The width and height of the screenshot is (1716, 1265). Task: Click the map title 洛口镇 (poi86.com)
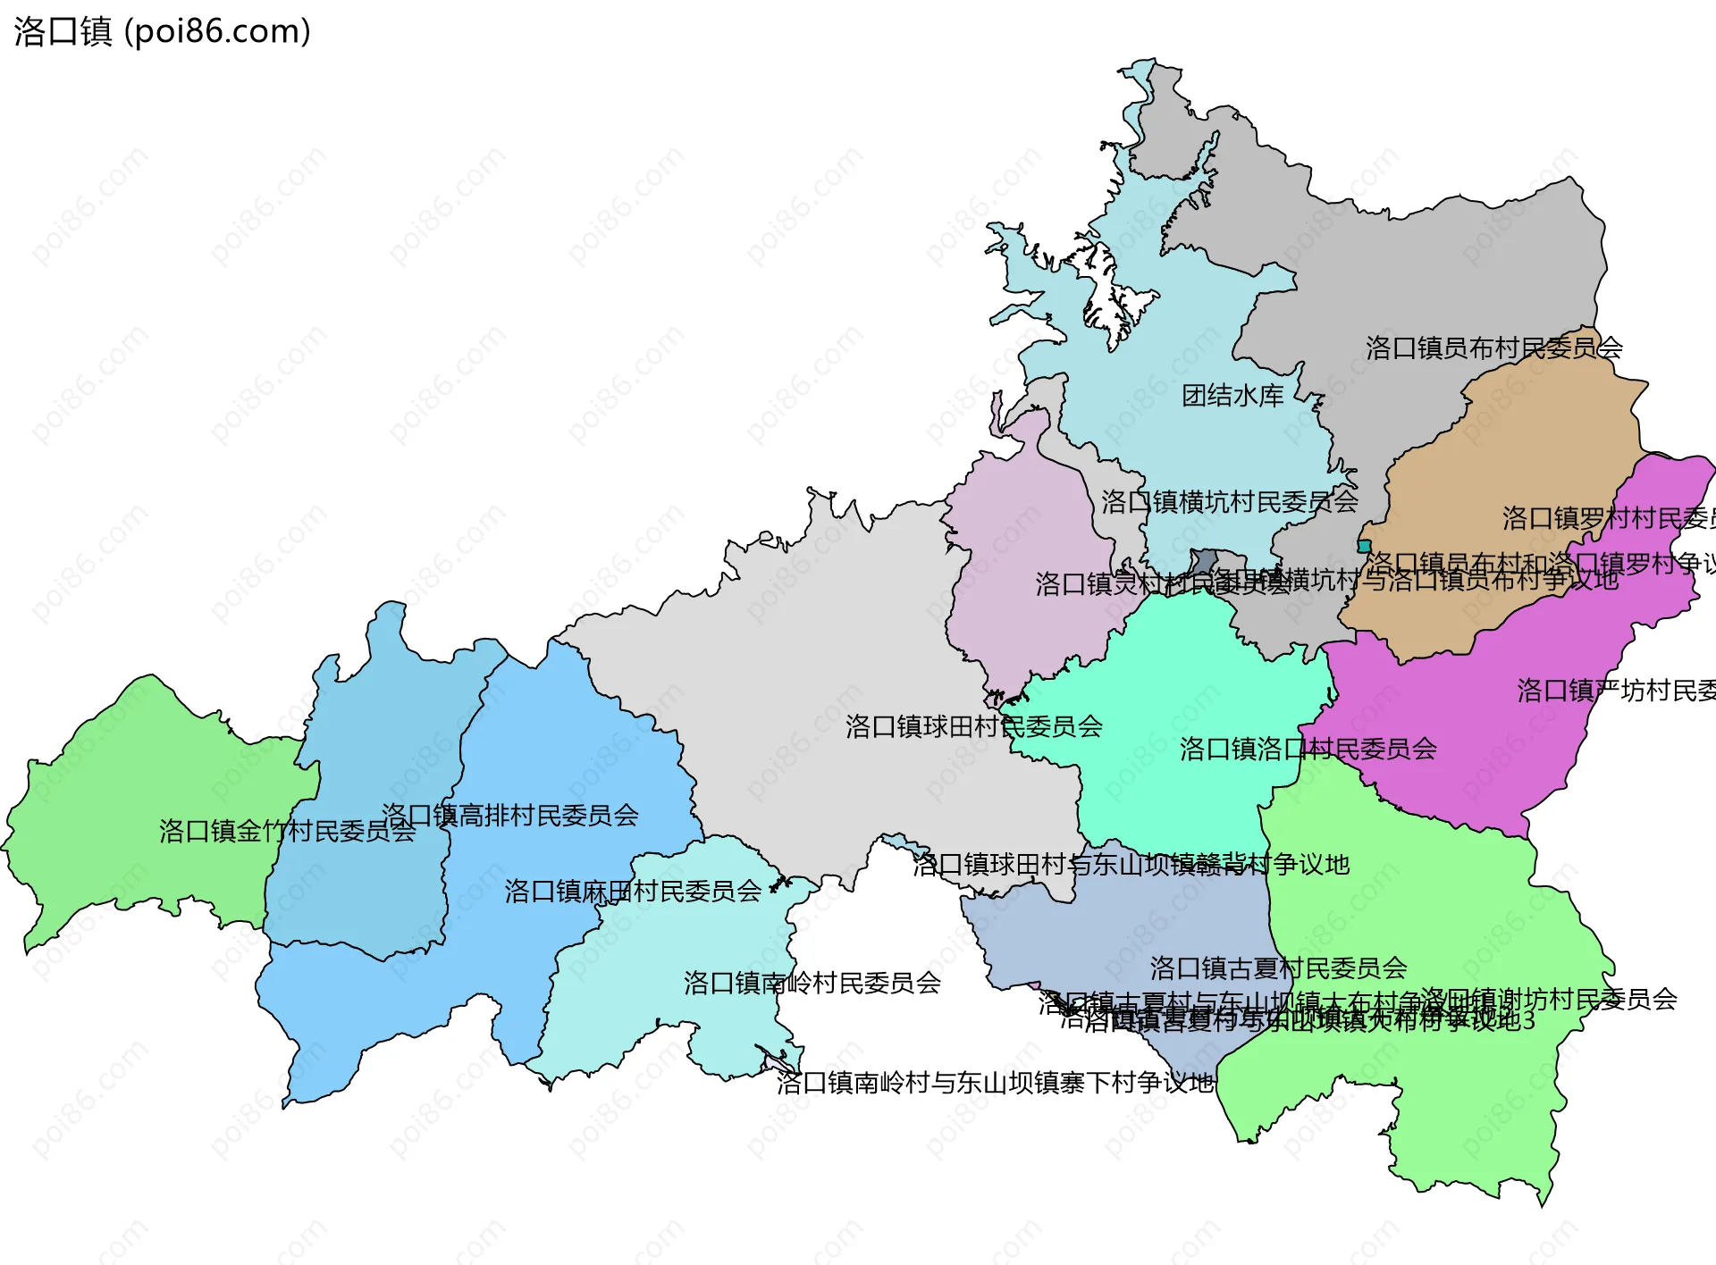point(162,31)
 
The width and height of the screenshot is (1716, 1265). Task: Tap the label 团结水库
point(1232,396)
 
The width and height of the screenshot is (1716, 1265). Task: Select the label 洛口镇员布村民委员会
point(1493,348)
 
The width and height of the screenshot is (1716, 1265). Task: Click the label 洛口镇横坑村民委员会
point(1229,502)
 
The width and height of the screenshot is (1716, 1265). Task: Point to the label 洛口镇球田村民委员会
point(973,726)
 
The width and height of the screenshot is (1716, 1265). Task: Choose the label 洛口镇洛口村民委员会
point(1308,749)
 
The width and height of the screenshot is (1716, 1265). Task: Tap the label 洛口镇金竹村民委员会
point(287,831)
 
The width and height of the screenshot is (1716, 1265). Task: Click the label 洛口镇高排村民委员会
point(509,815)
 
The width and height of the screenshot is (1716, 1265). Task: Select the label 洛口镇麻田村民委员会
point(633,891)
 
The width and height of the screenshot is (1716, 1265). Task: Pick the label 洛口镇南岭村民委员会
point(812,983)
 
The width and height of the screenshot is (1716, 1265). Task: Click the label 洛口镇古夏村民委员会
point(1278,968)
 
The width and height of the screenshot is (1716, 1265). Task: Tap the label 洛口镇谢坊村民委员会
point(1548,999)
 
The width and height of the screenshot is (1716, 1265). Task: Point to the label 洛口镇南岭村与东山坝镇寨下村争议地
point(995,1083)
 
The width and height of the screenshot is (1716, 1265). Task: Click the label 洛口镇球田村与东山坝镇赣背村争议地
point(1131,864)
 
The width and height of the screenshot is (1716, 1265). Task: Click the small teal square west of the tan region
point(1364,546)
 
